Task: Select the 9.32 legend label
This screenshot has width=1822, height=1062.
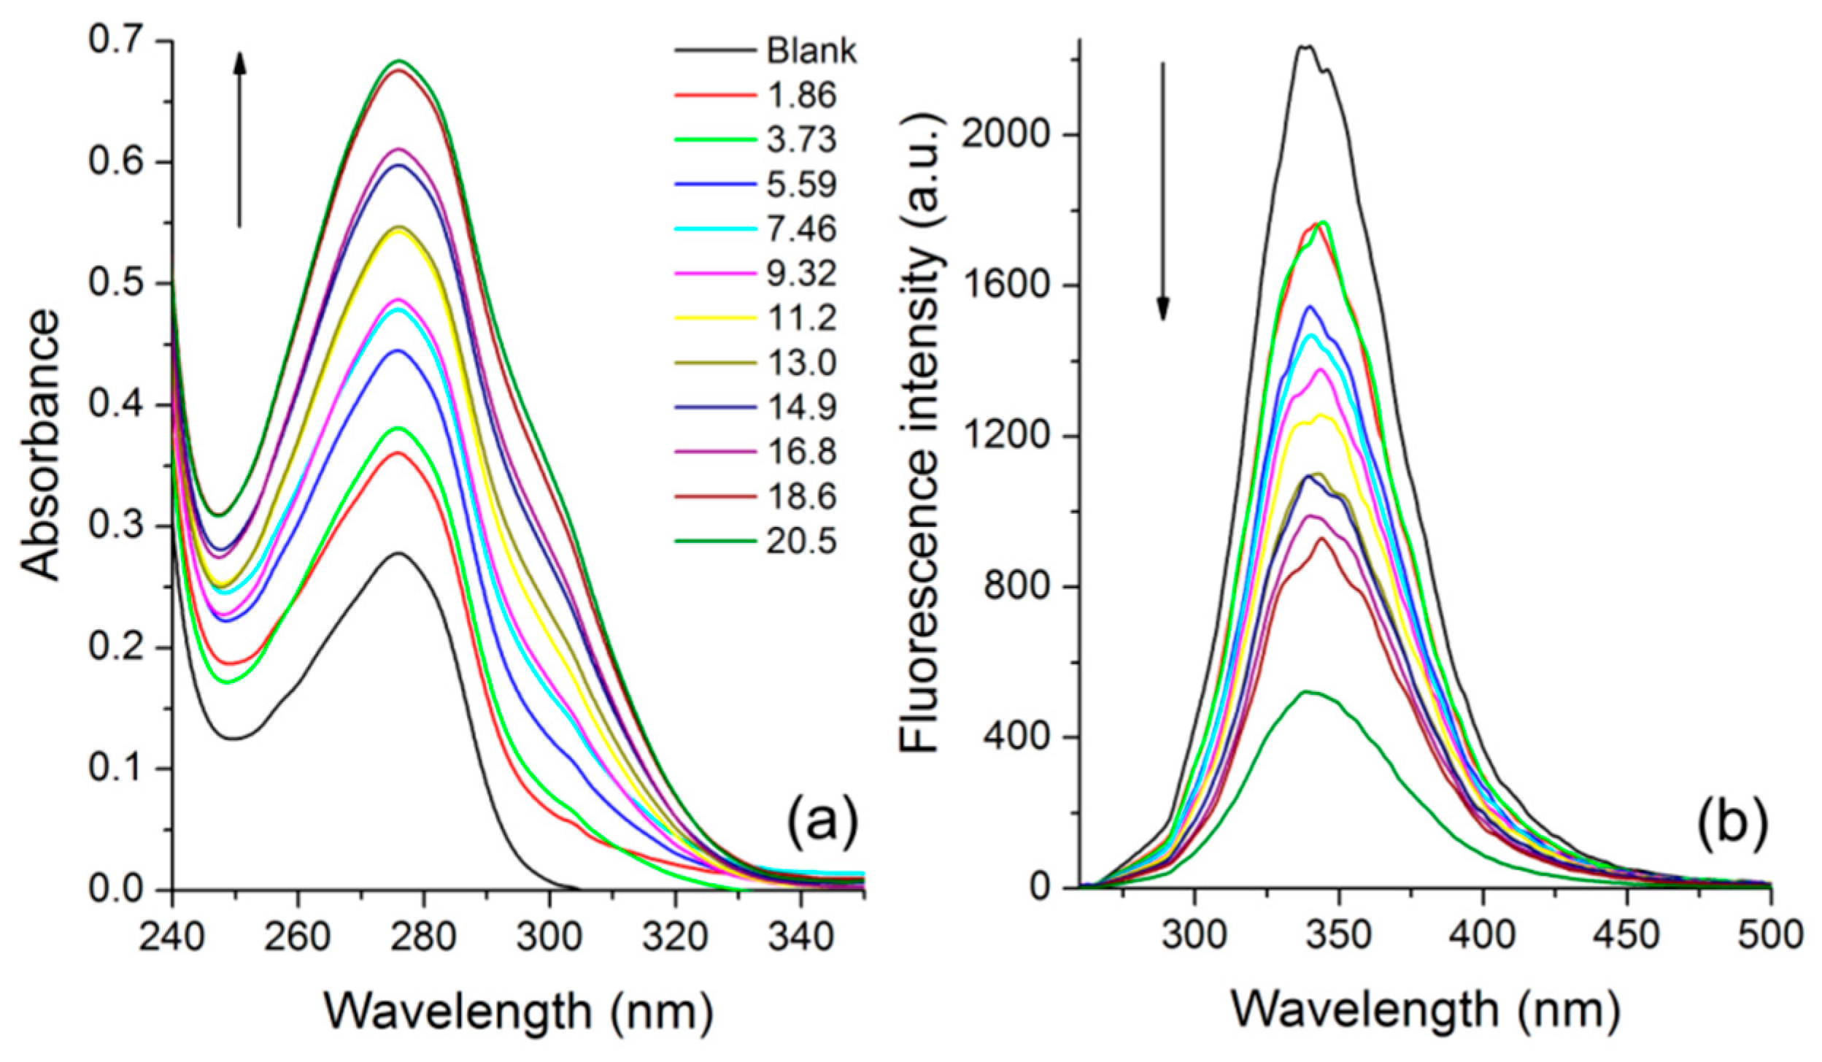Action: (801, 274)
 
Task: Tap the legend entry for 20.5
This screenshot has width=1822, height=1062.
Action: (801, 541)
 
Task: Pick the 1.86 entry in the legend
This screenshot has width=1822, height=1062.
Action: (801, 95)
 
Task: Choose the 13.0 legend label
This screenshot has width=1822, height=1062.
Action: (801, 363)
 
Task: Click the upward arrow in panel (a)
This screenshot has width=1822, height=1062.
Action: (239, 139)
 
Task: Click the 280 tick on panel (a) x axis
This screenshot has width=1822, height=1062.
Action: (423, 936)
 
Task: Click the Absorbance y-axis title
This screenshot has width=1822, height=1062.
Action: (40, 445)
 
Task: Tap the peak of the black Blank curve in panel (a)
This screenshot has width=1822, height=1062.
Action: (399, 553)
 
